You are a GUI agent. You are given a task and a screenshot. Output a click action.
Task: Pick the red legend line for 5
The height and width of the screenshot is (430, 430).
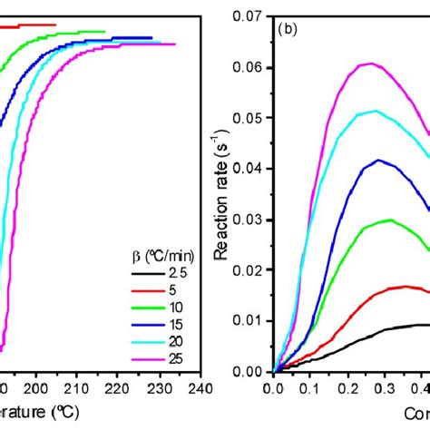tap(138, 289)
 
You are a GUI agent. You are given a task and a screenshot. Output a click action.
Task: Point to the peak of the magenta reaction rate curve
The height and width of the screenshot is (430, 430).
tap(370, 64)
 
